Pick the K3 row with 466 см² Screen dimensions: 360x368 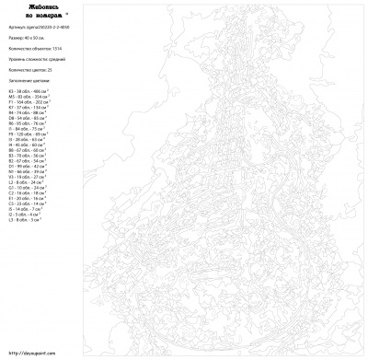pos(27,92)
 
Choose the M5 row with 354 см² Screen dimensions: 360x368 pos(27,98)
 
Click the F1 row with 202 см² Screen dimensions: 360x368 pos(28,103)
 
